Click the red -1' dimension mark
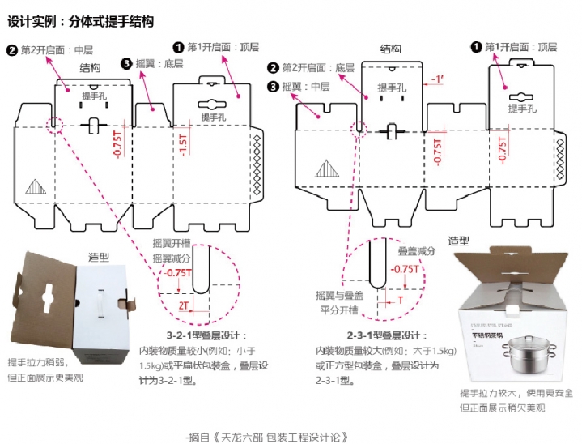pos(437,79)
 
